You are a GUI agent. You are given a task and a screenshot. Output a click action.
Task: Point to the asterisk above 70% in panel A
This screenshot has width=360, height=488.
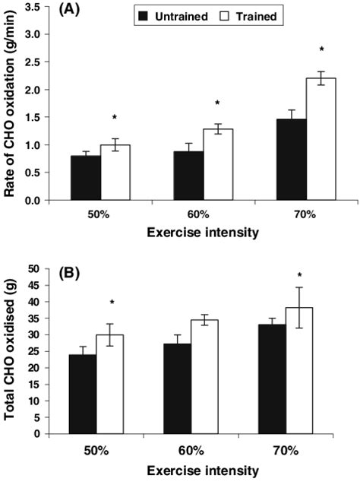[321, 50]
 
